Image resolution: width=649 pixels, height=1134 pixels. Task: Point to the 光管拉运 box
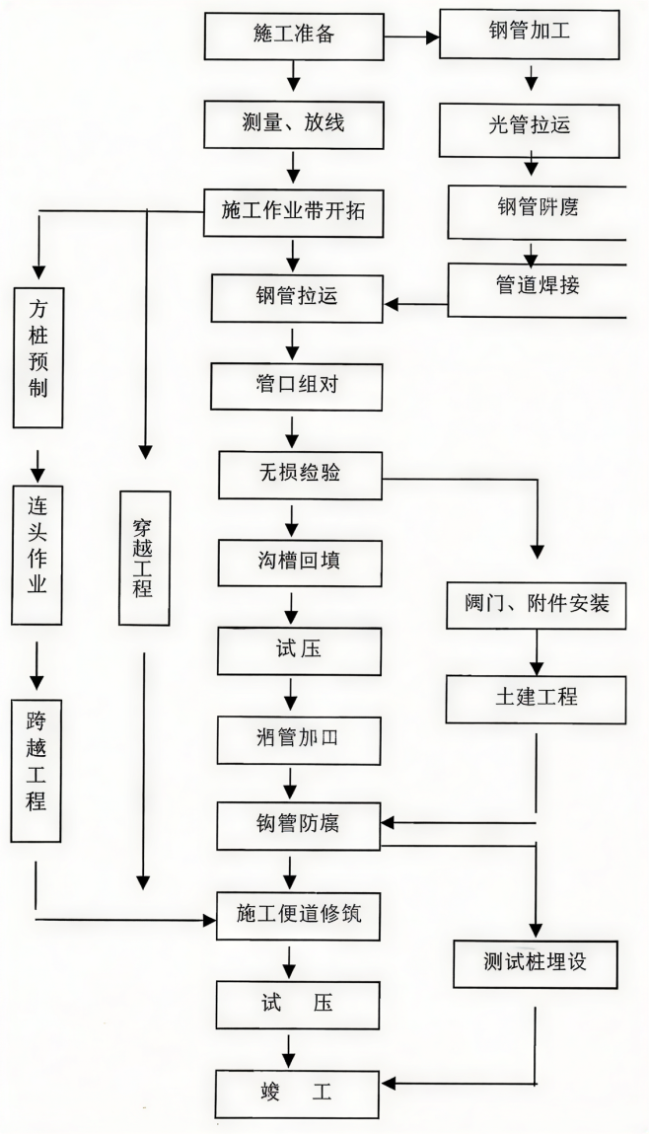pyautogui.click(x=534, y=124)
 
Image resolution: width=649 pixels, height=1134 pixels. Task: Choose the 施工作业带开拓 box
pyautogui.click(x=294, y=210)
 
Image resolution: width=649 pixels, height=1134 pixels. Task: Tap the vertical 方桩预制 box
pyautogui.click(x=38, y=357)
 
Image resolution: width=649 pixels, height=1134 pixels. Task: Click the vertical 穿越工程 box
pyautogui.click(x=144, y=558)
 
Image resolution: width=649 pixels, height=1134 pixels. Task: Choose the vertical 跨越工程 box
pyautogui.click(x=37, y=772)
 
